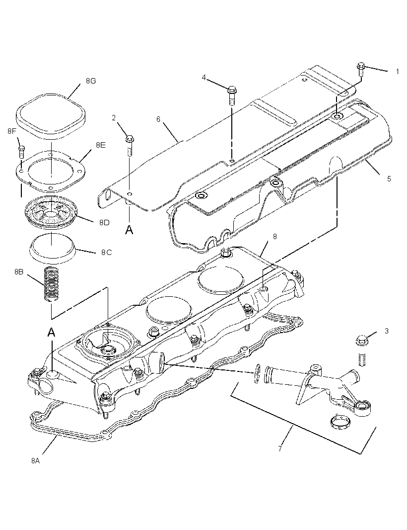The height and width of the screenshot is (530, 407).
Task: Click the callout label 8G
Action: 91,81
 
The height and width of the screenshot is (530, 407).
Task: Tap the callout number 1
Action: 398,72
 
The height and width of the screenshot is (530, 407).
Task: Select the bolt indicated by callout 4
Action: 232,95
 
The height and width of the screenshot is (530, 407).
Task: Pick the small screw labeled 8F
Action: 21,152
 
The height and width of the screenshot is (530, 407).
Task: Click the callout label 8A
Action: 35,460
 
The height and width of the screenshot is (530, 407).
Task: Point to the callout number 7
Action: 280,448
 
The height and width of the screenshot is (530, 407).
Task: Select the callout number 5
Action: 389,178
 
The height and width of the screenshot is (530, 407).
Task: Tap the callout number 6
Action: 158,119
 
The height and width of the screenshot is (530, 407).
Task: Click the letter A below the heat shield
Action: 129,230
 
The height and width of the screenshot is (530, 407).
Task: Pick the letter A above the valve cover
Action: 51,332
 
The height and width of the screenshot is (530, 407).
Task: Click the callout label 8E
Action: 101,145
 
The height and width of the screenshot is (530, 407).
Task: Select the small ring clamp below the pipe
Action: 340,423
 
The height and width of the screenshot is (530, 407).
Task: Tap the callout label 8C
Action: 106,253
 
